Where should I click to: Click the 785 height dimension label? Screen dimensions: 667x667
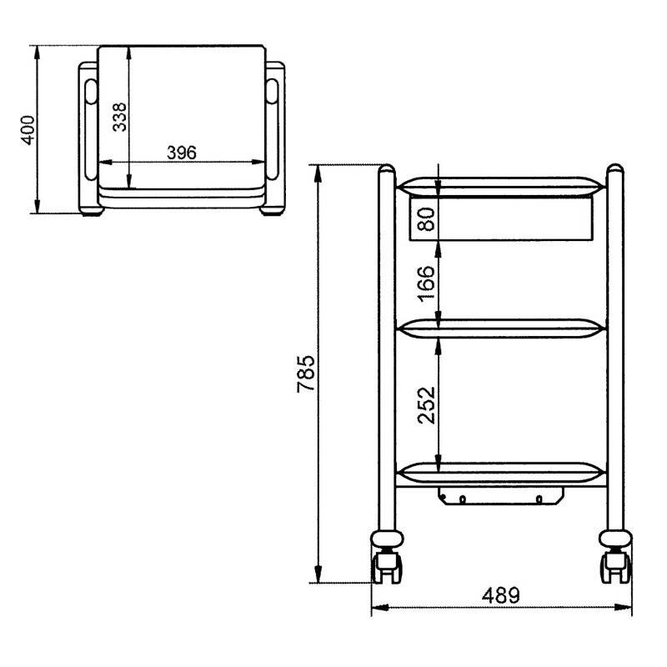[306, 374]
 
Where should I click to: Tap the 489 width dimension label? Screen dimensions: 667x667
[501, 595]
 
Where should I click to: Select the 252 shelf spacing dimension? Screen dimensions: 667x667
[427, 405]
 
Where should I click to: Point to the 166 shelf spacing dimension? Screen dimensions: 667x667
[427, 284]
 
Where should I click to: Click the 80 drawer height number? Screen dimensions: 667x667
[427, 219]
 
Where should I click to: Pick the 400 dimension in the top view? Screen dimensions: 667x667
[28, 130]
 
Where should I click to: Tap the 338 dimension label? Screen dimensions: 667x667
[119, 117]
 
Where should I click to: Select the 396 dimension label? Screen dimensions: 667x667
[182, 153]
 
